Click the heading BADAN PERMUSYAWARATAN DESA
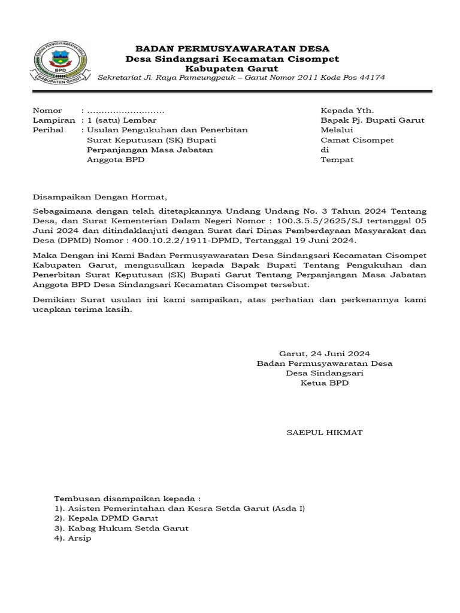(232, 48)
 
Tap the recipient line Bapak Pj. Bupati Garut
(373, 120)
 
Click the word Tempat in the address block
(337, 160)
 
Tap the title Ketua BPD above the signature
(325, 383)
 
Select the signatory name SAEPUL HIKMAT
(325, 432)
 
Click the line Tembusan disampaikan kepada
(126, 499)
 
